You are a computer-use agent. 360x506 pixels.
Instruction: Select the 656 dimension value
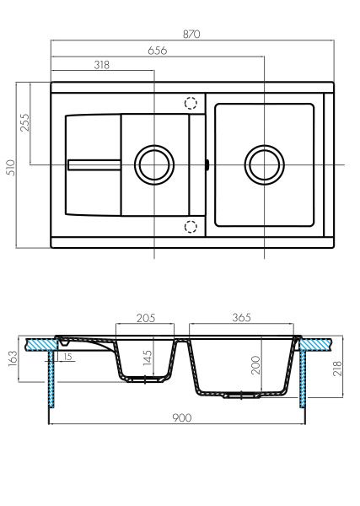158,50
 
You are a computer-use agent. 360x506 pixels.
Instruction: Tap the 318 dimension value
103,65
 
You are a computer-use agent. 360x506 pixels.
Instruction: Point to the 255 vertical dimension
24,123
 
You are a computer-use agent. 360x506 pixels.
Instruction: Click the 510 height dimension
11,165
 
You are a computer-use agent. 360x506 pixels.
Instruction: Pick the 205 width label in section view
146,318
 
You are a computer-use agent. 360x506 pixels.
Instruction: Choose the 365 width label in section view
242,318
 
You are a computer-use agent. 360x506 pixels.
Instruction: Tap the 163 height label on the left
12,360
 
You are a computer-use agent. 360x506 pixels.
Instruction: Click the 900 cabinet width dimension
181,417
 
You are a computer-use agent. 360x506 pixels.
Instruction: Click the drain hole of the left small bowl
154,164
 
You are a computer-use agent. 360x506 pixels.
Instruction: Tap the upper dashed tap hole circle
191,103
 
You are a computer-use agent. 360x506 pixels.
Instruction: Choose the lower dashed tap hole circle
191,226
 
